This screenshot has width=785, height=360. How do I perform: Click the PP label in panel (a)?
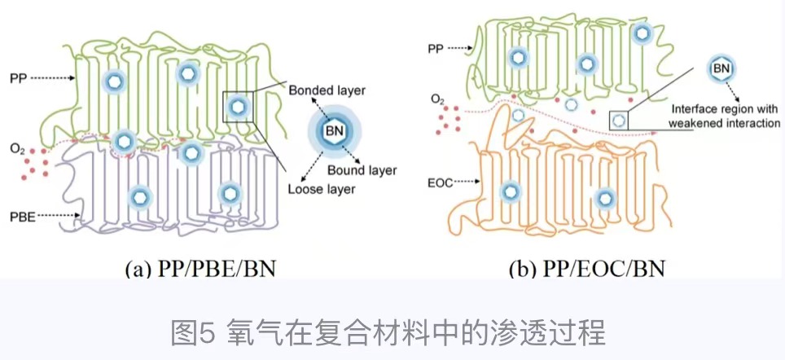(18, 78)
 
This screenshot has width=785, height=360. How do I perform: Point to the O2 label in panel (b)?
(437, 99)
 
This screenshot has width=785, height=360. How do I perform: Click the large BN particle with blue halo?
(335, 130)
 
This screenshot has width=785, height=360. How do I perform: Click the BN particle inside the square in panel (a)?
(238, 106)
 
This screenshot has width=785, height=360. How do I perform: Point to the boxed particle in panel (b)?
(620, 120)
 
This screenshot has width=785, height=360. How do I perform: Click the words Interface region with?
(725, 108)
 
